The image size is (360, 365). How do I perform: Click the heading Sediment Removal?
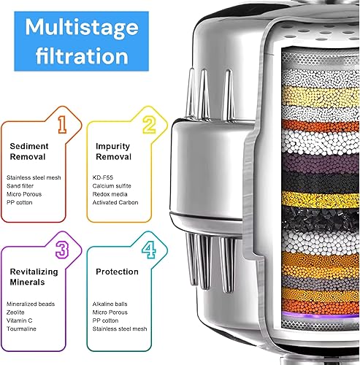coord(30,151)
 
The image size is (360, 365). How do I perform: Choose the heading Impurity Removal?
coord(113,151)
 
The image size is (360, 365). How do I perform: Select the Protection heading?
coord(117,272)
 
